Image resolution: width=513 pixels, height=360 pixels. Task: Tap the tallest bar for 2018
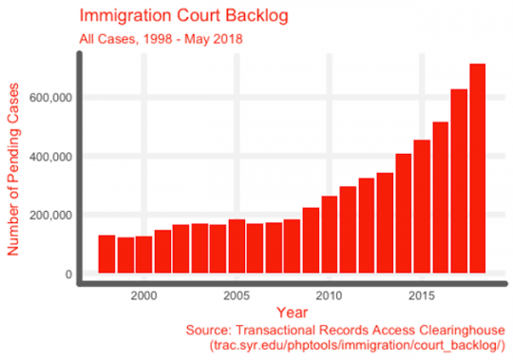(x=477, y=171)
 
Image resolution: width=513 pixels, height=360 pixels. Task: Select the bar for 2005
(x=237, y=247)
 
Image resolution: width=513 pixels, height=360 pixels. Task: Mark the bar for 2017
(x=459, y=181)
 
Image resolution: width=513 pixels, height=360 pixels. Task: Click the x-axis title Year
(x=292, y=312)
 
